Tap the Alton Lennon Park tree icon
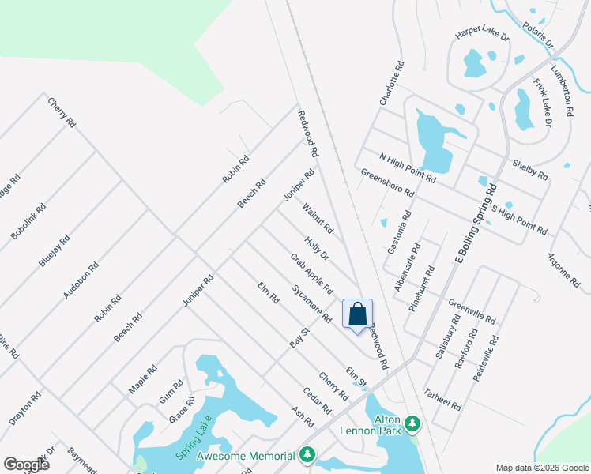tap(412, 427)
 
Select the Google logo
tap(26, 464)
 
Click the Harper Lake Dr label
tap(482, 36)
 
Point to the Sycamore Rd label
tap(311, 303)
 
